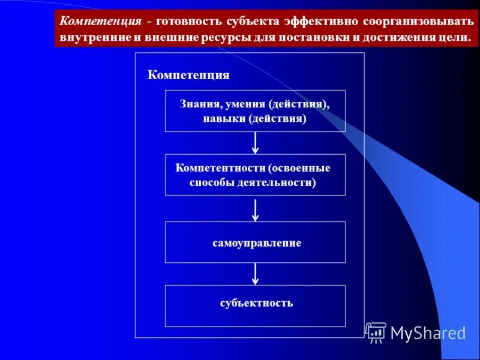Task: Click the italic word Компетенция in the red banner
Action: point(101,22)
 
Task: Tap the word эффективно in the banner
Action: point(324,22)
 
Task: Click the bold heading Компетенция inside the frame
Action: point(188,75)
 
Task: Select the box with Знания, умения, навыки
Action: point(255,111)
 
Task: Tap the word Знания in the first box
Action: point(199,104)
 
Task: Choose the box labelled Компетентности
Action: point(255,175)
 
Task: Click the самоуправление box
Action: point(255,242)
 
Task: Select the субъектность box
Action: point(255,306)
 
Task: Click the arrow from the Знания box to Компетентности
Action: point(256,143)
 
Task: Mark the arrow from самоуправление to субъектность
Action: point(256,274)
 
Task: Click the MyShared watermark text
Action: point(428,333)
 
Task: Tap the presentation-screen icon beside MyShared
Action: point(376,332)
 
